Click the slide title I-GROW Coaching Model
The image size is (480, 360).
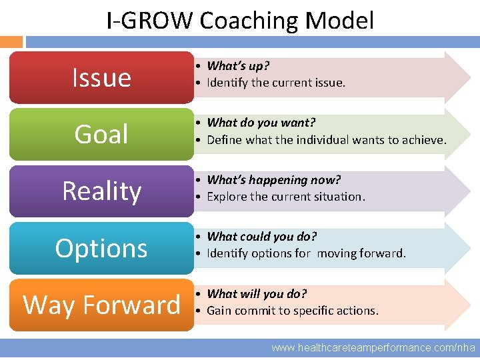point(240,21)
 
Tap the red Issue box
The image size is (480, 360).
point(101,77)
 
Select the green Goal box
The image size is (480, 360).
point(101,134)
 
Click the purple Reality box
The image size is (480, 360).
point(101,191)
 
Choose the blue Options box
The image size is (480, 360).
point(101,248)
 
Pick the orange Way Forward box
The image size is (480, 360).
point(101,305)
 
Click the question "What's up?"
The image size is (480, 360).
point(238,66)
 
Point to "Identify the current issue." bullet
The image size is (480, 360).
point(276,83)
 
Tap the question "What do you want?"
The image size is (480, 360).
point(261,123)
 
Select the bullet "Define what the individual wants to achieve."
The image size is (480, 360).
point(327,140)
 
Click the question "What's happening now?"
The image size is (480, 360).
point(273,180)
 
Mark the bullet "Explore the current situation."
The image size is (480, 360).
point(286,197)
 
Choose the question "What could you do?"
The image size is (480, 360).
point(262,237)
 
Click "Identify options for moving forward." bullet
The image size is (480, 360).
point(306,254)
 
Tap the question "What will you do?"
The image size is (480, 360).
point(257,294)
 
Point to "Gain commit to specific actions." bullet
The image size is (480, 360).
point(293,311)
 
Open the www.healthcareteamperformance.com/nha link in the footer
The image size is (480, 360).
point(373,347)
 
